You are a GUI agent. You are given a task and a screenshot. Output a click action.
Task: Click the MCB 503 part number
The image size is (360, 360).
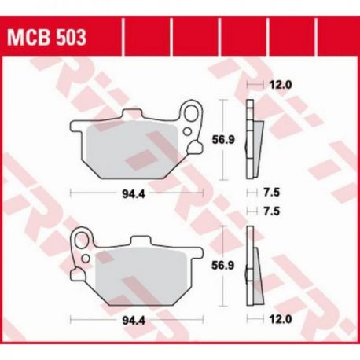point(46,38)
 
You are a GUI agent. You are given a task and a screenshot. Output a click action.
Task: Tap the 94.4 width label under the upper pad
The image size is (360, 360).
point(134,194)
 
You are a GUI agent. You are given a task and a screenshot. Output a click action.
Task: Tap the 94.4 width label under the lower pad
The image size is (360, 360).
point(134,320)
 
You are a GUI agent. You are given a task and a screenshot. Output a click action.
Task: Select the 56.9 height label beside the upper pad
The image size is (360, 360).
point(222,140)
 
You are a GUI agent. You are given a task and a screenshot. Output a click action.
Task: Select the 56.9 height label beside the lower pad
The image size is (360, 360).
point(222,266)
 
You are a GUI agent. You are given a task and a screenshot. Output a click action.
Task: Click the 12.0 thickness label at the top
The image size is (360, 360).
point(280,85)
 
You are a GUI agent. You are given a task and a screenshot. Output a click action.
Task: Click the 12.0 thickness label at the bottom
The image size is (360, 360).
point(280,319)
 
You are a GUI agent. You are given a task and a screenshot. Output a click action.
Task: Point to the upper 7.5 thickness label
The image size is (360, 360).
point(272,193)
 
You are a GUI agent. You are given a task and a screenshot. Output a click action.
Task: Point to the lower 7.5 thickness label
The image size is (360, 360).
point(272,211)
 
